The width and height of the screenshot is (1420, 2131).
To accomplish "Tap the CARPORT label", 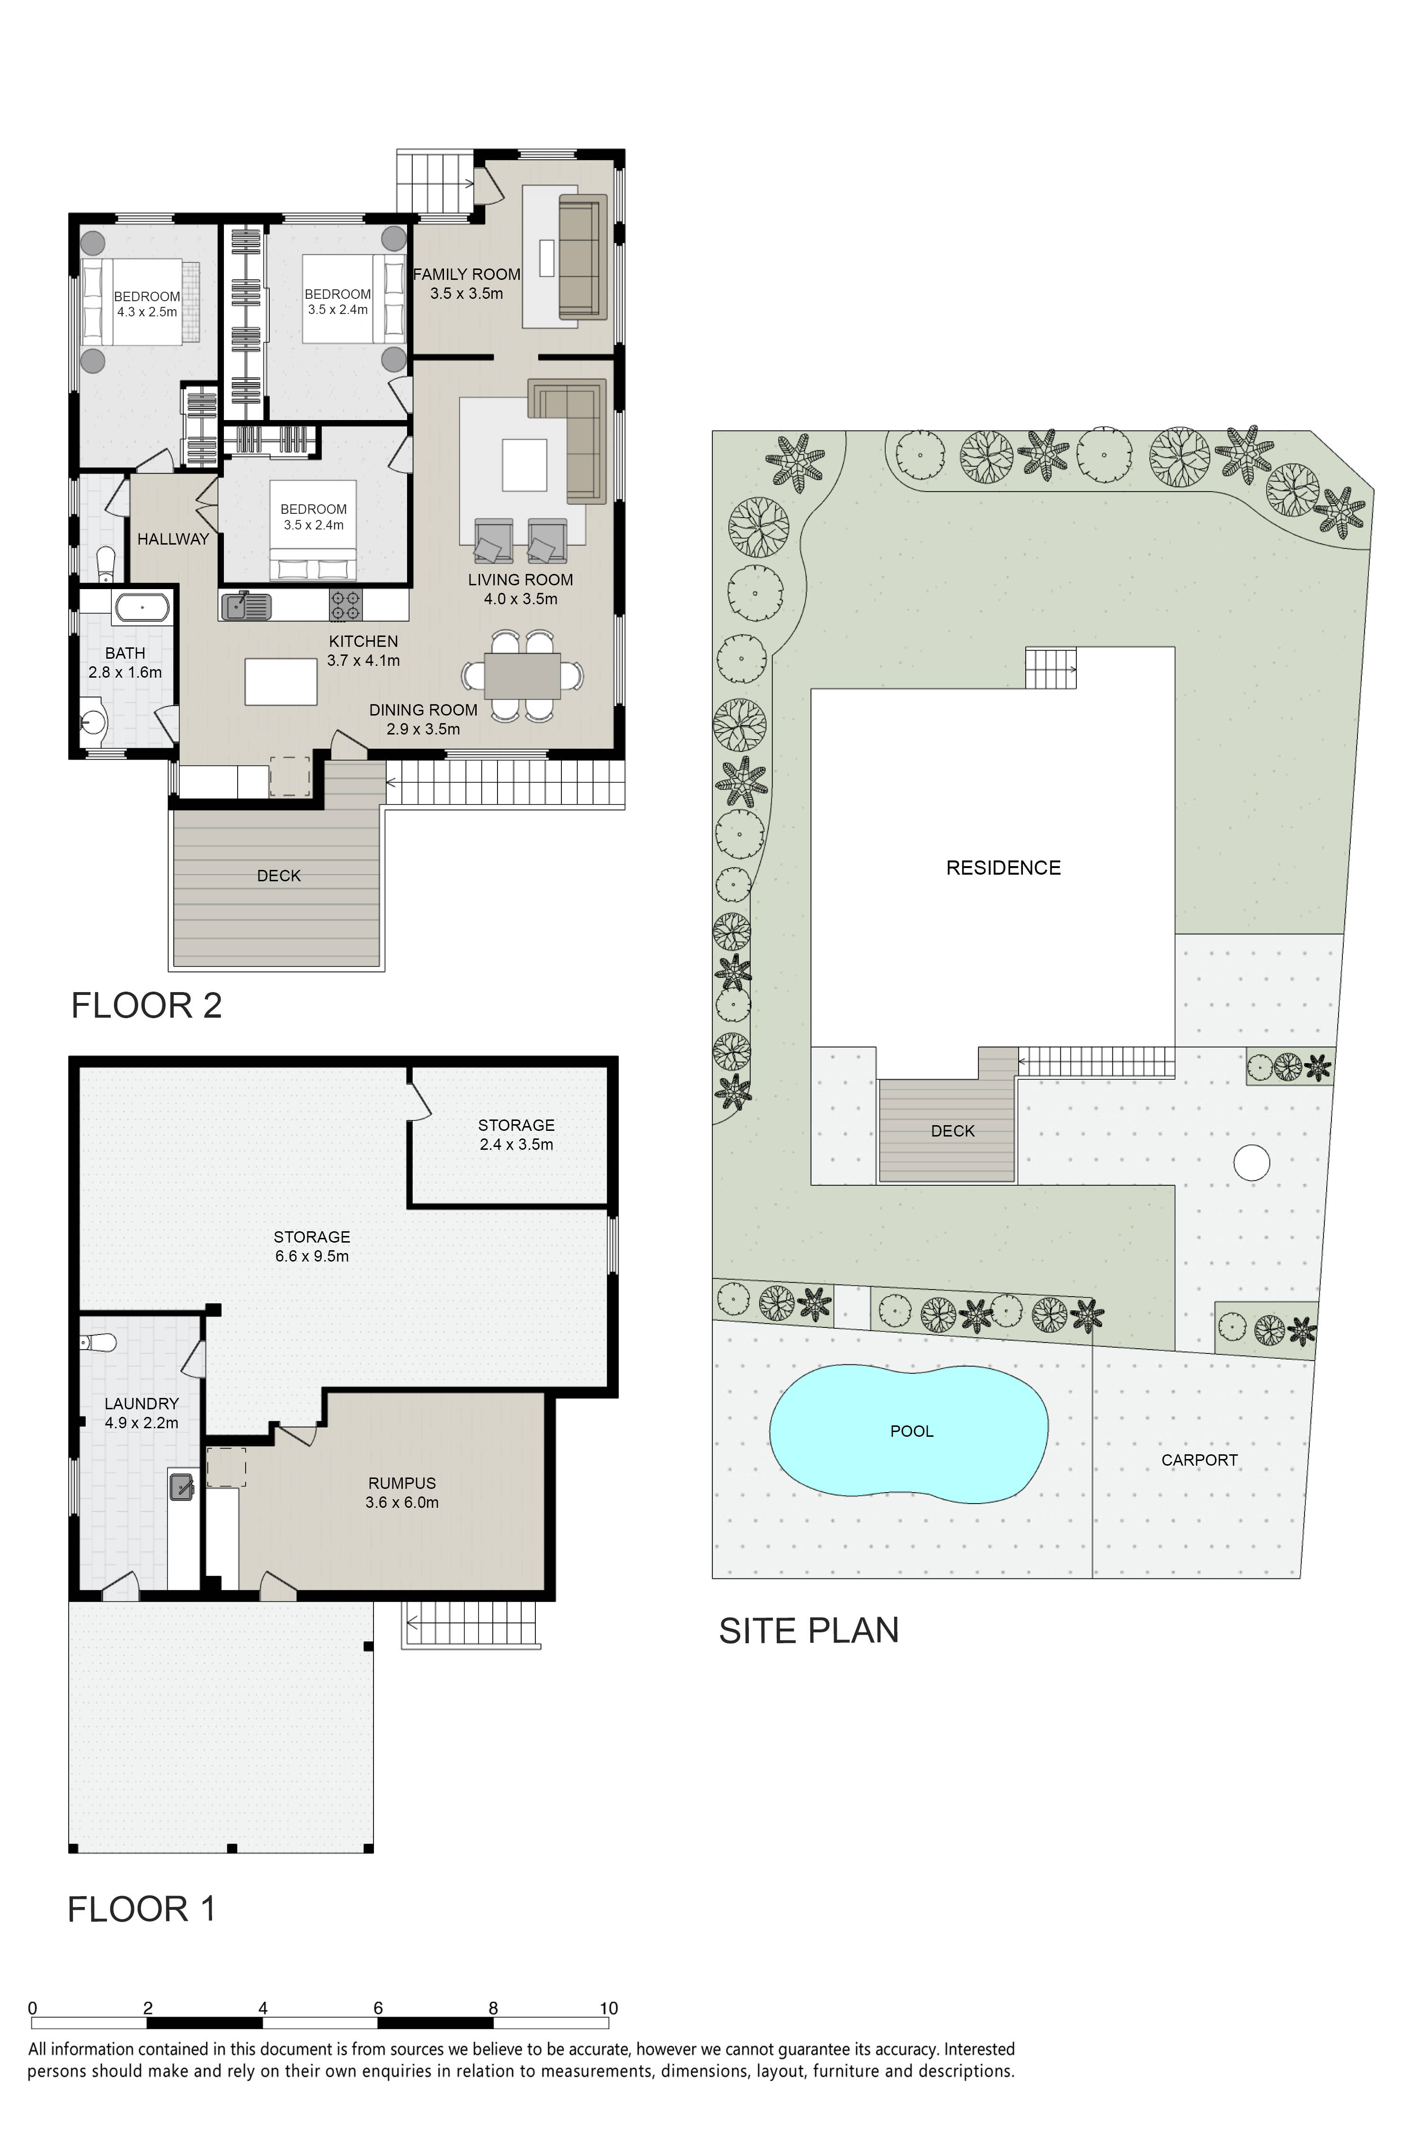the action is pyautogui.click(x=1199, y=1459).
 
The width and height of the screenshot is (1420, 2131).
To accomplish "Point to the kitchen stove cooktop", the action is pyautogui.click(x=345, y=605).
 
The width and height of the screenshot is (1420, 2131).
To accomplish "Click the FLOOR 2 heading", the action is pyautogui.click(x=147, y=1006).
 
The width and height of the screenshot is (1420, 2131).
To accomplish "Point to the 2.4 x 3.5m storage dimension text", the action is pyautogui.click(x=516, y=1144).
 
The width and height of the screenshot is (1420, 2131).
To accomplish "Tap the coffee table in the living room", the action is pyautogui.click(x=525, y=465).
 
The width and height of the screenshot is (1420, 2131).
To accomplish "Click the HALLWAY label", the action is pyautogui.click(x=173, y=539).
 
